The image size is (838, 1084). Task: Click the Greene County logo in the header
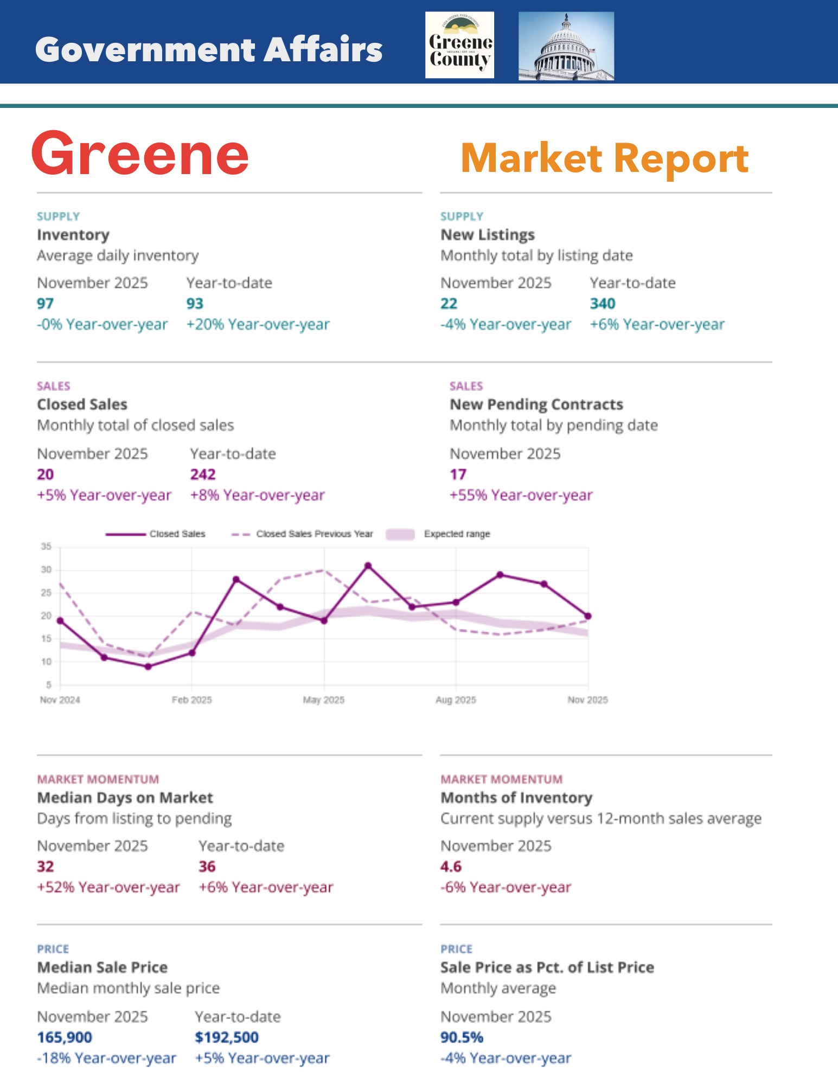tap(459, 45)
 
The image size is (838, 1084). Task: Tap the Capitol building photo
tap(566, 46)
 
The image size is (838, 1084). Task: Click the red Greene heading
tap(140, 155)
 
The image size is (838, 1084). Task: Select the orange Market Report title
tap(604, 158)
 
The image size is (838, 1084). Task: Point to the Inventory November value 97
tap(45, 304)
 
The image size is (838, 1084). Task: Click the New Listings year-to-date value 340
tap(603, 304)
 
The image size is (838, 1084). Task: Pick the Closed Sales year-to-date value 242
tap(203, 474)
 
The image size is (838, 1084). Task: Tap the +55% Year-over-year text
tap(521, 495)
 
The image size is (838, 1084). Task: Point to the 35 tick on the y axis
tap(46, 547)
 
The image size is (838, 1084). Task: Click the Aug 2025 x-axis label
tap(456, 700)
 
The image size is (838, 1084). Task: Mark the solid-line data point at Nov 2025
tap(588, 616)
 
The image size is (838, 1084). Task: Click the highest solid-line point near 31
tap(368, 566)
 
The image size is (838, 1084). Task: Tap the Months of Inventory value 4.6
tap(451, 867)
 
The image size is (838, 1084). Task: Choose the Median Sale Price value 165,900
tap(65, 1037)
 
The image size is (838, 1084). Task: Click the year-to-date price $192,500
tap(227, 1037)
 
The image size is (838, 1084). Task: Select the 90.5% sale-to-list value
tap(462, 1037)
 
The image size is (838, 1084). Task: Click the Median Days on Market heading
tap(125, 798)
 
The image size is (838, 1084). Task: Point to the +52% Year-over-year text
tap(108, 887)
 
